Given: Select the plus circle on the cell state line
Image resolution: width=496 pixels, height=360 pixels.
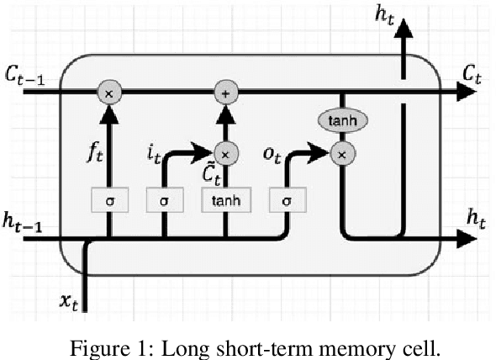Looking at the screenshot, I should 224,91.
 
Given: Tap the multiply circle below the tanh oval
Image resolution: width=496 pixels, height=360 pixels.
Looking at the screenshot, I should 341,154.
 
